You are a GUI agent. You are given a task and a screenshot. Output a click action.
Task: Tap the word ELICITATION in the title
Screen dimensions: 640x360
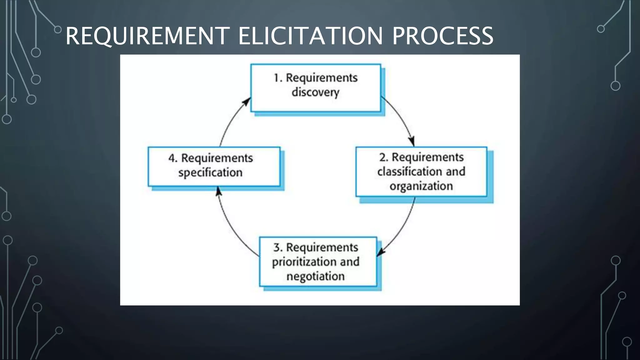(310, 36)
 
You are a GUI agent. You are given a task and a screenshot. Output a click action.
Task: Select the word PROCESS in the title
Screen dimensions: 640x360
(442, 36)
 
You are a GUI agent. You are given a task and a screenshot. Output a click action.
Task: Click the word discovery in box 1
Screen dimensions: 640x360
(315, 92)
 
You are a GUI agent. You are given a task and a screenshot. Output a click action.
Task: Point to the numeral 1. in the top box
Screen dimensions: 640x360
(278, 78)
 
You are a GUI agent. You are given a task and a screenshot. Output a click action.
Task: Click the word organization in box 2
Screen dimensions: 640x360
(421, 186)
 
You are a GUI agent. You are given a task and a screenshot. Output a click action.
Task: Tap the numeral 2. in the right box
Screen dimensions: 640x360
(384, 157)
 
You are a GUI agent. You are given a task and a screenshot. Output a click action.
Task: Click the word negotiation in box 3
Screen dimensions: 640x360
(315, 276)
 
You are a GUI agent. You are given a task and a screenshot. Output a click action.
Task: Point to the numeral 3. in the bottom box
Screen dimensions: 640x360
(278, 247)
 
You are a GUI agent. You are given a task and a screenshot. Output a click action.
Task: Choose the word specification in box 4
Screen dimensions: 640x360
(210, 172)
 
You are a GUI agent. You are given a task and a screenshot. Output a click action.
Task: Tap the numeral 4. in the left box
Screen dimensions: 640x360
(173, 158)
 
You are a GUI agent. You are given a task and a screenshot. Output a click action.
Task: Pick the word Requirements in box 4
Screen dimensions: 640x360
(217, 158)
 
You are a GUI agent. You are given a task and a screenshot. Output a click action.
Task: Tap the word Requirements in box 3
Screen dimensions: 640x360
(322, 247)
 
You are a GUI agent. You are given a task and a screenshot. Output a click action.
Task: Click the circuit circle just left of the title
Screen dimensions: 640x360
(58, 30)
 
